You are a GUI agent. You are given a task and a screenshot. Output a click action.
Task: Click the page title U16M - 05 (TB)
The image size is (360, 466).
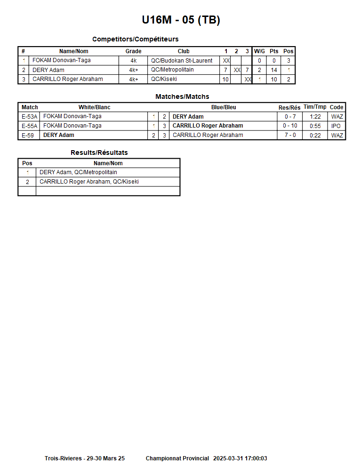pos(181,20)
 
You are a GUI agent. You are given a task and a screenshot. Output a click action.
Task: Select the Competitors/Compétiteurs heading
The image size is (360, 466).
pos(135,39)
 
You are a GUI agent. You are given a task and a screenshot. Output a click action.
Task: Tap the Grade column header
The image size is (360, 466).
pos(133,51)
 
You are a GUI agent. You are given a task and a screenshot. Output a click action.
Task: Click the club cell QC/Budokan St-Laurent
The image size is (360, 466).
pos(182,61)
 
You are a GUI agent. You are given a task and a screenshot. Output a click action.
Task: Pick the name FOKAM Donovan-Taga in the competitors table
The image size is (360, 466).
pos(62,61)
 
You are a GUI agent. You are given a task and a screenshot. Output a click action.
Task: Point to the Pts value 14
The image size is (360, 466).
pos(274,70)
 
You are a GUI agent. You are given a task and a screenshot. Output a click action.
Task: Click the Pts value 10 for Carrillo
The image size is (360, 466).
pos(274,80)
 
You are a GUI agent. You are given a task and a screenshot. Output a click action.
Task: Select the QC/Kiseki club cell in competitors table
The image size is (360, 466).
pos(164,80)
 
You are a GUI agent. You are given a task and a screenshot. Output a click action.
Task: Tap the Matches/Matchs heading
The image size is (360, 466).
pos(182,96)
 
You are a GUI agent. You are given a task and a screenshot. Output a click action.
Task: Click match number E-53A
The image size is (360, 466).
pos(29,117)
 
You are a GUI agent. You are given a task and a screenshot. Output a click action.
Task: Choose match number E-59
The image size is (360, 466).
pos(28,136)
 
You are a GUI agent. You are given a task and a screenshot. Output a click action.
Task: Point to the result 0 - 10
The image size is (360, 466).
pos(290,126)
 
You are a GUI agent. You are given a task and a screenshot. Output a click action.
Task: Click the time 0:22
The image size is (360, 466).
pos(315,136)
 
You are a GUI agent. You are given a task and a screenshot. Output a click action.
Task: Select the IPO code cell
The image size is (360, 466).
pos(336,126)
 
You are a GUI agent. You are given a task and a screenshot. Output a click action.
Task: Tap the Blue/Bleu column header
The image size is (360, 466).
pos(224,107)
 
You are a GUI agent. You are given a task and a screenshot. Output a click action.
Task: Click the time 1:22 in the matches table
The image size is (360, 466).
pos(315,117)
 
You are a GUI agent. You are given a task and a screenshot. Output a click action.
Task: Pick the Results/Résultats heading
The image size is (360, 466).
pos(99,153)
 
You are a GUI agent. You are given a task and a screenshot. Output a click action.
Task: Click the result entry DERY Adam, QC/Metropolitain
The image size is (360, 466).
pos(78,172)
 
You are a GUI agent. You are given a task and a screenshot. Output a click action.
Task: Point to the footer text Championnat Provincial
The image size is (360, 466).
pos(177,458)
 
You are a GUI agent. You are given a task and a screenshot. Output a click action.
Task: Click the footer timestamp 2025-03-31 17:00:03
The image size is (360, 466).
pos(240,458)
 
